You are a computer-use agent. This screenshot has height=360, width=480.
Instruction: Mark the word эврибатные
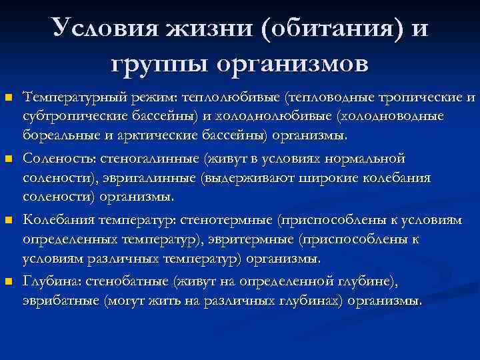[61, 301]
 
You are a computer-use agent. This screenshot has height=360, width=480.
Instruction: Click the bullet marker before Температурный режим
[8, 99]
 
